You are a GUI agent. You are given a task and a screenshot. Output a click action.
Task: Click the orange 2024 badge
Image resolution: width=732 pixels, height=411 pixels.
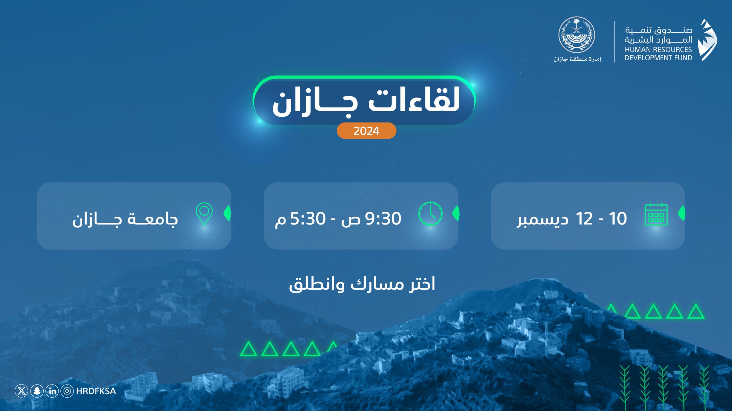pos(366,131)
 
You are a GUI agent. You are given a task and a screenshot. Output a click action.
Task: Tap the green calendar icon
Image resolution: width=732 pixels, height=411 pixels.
pos(656,214)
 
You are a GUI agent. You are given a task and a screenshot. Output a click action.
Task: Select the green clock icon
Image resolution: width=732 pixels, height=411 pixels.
pos(430,214)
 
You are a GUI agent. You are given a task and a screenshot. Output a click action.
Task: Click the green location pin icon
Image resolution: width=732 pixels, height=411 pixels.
pos(204,214)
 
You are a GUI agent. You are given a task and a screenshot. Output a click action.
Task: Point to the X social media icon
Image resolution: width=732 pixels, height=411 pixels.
pos(21,391)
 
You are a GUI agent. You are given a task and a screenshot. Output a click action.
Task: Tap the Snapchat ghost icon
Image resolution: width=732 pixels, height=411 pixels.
pos(37,391)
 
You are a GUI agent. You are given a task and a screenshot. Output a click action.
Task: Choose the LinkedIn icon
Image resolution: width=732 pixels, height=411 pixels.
pos(52,391)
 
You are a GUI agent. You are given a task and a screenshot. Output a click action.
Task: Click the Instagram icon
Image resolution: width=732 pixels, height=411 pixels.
pos(67,391)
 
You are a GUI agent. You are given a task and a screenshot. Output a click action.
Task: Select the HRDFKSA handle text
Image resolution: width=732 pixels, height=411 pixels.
pos(96,391)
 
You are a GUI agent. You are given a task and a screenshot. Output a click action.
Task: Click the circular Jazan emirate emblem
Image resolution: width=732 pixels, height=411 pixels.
pos(576,35)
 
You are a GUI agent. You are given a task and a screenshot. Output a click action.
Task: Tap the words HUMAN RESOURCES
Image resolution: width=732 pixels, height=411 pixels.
pos(658,49)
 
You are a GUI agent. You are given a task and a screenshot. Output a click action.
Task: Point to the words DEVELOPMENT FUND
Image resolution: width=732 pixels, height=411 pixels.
pos(658,58)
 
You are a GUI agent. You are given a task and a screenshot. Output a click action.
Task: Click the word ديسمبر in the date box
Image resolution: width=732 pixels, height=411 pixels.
pos(543,220)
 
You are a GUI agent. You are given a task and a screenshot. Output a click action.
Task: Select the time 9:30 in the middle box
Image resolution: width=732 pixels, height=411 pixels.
pos(383,218)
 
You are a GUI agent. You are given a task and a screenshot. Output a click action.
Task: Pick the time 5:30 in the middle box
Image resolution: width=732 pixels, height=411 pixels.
pos(308,218)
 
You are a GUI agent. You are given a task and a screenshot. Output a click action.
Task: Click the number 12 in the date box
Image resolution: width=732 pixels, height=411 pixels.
pos(584,218)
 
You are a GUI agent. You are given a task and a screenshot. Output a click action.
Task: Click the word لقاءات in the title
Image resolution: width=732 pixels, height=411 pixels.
pos(414,99)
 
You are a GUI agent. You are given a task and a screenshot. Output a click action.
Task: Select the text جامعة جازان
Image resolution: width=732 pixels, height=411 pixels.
pos(125,219)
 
